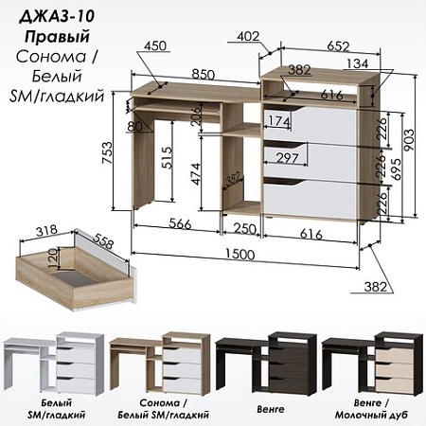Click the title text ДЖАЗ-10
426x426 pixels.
tap(57, 16)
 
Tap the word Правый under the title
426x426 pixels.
tap(57, 37)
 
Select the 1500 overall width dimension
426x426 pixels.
tap(240, 254)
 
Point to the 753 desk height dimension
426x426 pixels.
tap(107, 152)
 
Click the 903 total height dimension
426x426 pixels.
tap(408, 140)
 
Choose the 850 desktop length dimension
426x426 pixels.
tap(204, 75)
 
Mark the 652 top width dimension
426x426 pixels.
tap(338, 46)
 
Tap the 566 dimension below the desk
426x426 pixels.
tap(180, 223)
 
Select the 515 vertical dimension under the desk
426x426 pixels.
tap(167, 157)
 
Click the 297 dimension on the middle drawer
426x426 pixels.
tap(287, 158)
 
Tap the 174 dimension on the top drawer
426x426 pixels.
tap(278, 121)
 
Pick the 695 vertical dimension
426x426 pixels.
tap(396, 169)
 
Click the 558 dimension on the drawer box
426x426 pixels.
tap(102, 241)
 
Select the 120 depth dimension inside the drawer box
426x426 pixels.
tap(53, 258)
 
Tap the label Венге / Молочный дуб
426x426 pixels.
tap(371, 409)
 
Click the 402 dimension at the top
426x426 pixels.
tap(248, 36)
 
